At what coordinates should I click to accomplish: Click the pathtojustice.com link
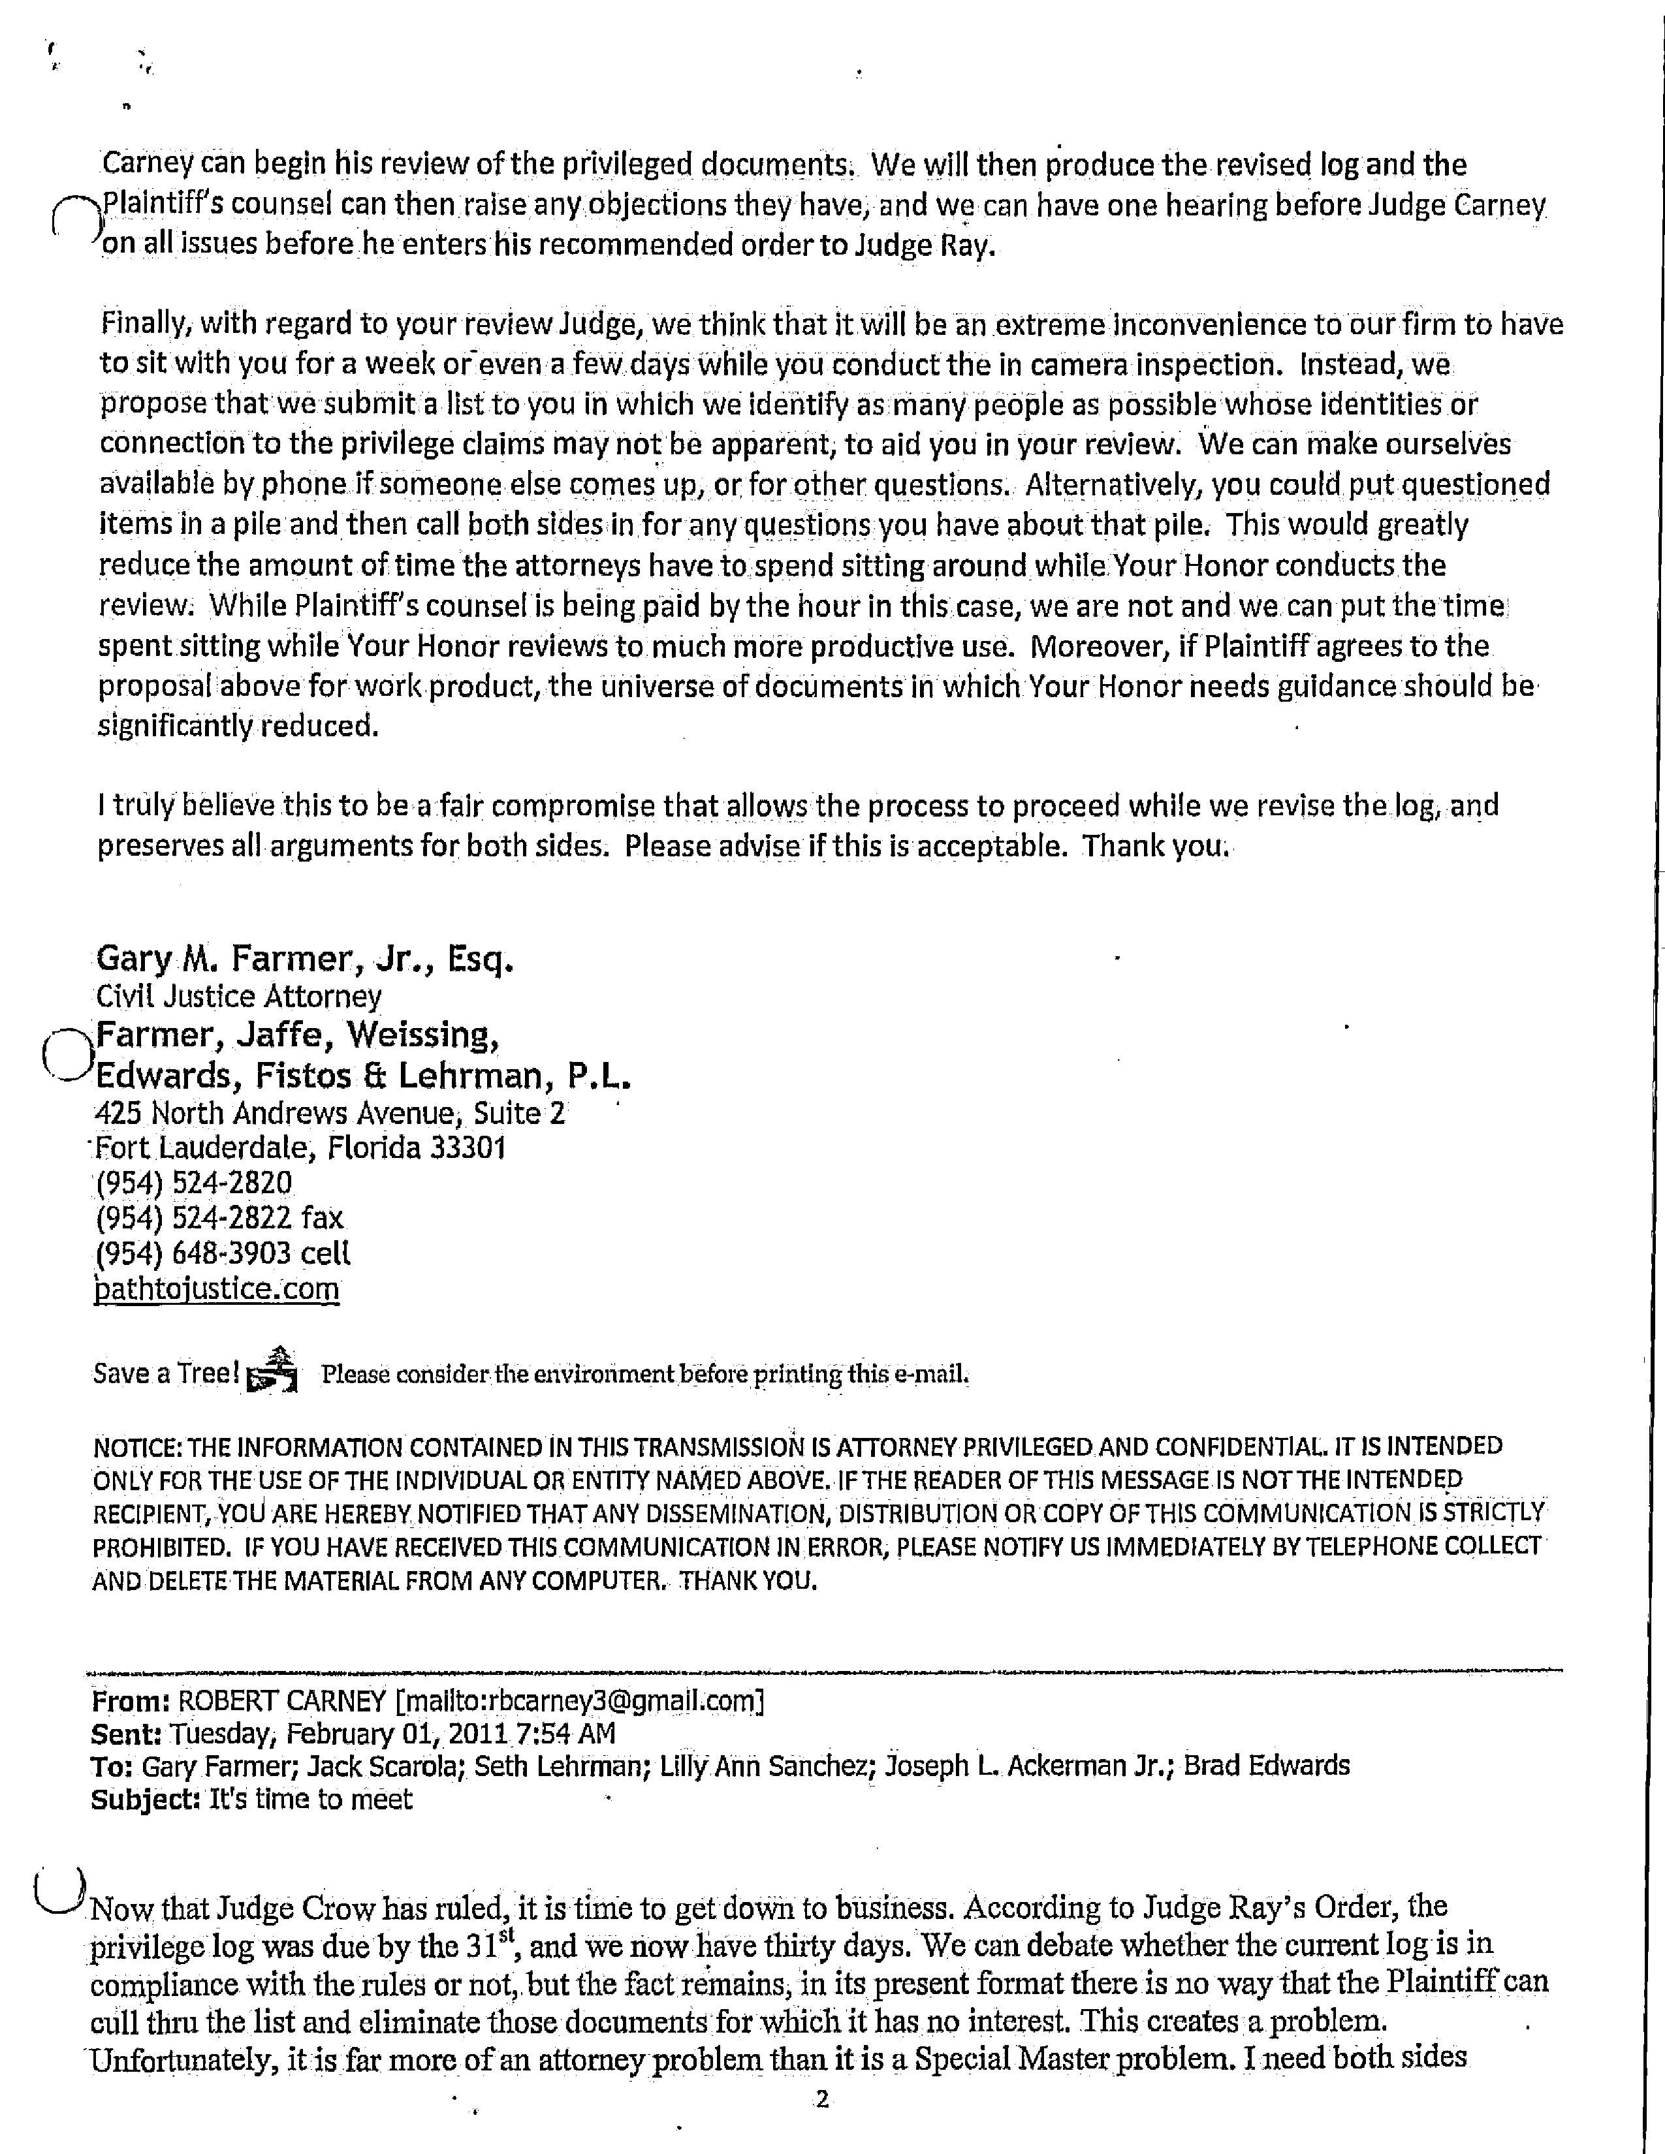tap(216, 1289)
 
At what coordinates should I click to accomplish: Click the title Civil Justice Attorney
tap(239, 997)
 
